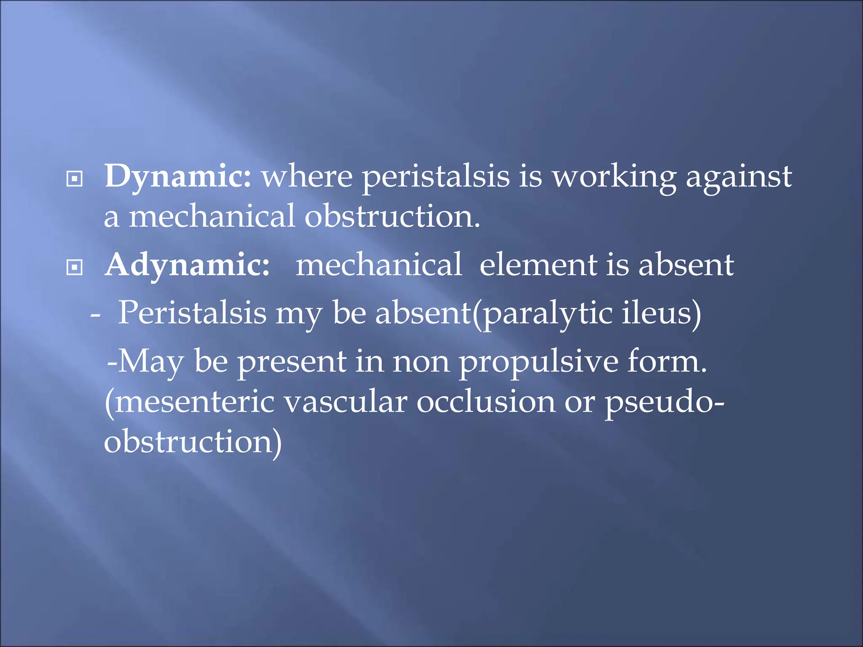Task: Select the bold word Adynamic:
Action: click(x=188, y=266)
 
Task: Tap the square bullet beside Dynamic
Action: click(x=75, y=179)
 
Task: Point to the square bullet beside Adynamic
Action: click(x=75, y=267)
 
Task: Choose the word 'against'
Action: click(x=739, y=177)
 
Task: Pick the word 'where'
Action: click(x=307, y=177)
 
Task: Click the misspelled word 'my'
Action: click(x=299, y=314)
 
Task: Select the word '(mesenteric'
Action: click(x=190, y=402)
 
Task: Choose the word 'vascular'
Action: click(x=346, y=402)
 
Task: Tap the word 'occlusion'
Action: click(x=486, y=402)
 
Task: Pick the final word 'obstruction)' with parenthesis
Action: click(x=193, y=442)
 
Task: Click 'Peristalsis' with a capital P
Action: click(x=192, y=314)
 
